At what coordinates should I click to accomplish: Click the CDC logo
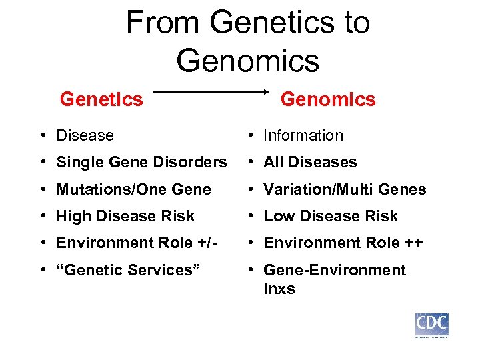pos(431,325)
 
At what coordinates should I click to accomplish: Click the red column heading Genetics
pos(101,99)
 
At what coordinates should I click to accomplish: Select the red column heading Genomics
pos(328,99)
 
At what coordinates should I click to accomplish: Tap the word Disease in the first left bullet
pos(85,135)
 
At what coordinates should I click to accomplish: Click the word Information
pos(303,135)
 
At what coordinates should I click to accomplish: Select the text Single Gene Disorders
pos(141,162)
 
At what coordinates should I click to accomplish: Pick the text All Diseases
pos(310,162)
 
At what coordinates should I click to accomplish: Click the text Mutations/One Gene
pos(133,189)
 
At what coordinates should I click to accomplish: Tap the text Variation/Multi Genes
pos(345,189)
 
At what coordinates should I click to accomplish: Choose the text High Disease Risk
pos(125,216)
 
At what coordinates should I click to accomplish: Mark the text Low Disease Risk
pos(331,216)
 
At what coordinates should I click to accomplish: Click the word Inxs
pos(279,289)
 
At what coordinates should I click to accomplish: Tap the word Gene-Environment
pos(335,270)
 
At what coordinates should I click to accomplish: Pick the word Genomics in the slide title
pos(248,60)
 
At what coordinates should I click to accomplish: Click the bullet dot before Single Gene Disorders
pos(43,163)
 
